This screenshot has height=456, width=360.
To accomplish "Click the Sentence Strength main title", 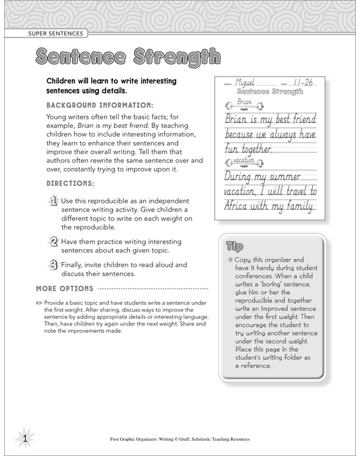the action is [127, 58].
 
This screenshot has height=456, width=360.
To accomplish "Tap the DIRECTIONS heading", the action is [70, 183].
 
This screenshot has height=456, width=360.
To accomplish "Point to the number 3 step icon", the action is [53, 265].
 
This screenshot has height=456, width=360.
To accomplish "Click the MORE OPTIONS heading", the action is [65, 288].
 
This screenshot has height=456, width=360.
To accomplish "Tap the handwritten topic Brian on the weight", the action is [244, 102].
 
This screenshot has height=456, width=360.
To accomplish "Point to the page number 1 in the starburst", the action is [24, 438].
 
